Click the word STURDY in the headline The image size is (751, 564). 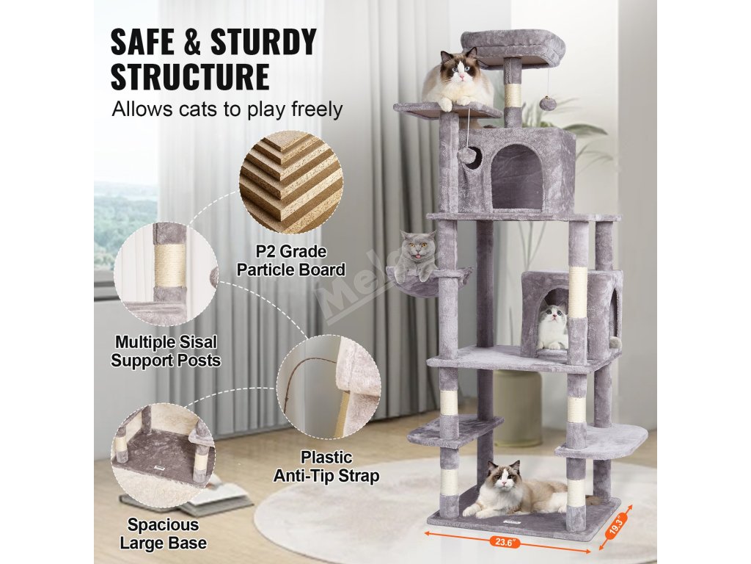coord(263,42)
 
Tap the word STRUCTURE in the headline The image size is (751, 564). coord(190,76)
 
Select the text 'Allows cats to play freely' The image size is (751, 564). coord(227,109)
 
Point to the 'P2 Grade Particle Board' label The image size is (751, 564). coord(291,261)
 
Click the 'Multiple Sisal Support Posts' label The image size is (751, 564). coord(166,351)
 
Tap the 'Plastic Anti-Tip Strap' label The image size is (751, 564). coord(326,466)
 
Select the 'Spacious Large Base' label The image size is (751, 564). coord(164,534)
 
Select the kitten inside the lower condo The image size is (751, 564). coord(554,325)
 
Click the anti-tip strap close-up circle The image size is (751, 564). coord(329,387)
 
